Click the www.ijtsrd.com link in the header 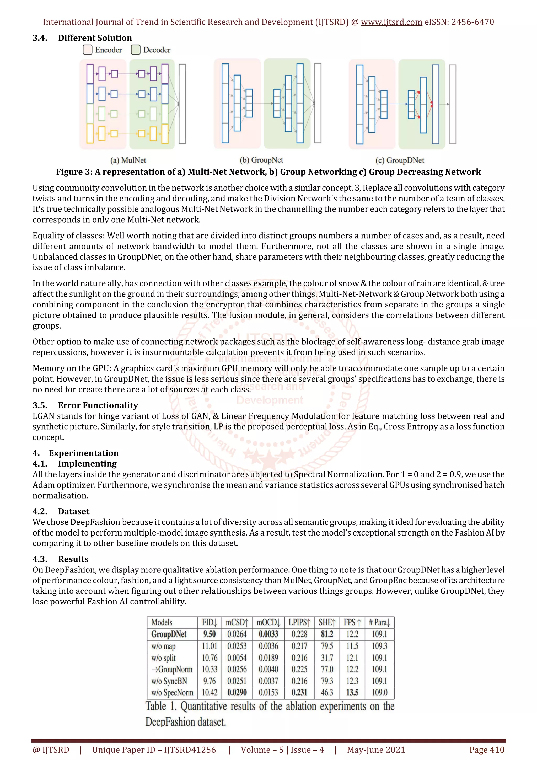click(x=391, y=22)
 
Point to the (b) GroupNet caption click(x=261, y=160)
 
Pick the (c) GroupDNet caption click(x=400, y=160)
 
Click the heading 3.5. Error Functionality click(x=85, y=405)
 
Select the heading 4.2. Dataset click(x=61, y=511)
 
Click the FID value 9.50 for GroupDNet click(x=210, y=634)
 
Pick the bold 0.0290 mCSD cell click(x=237, y=693)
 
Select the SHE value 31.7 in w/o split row click(x=327, y=658)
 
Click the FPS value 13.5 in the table click(x=352, y=693)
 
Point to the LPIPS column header click(x=299, y=622)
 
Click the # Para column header click(x=379, y=622)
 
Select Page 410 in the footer click(x=487, y=750)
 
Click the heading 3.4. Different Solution click(x=82, y=38)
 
